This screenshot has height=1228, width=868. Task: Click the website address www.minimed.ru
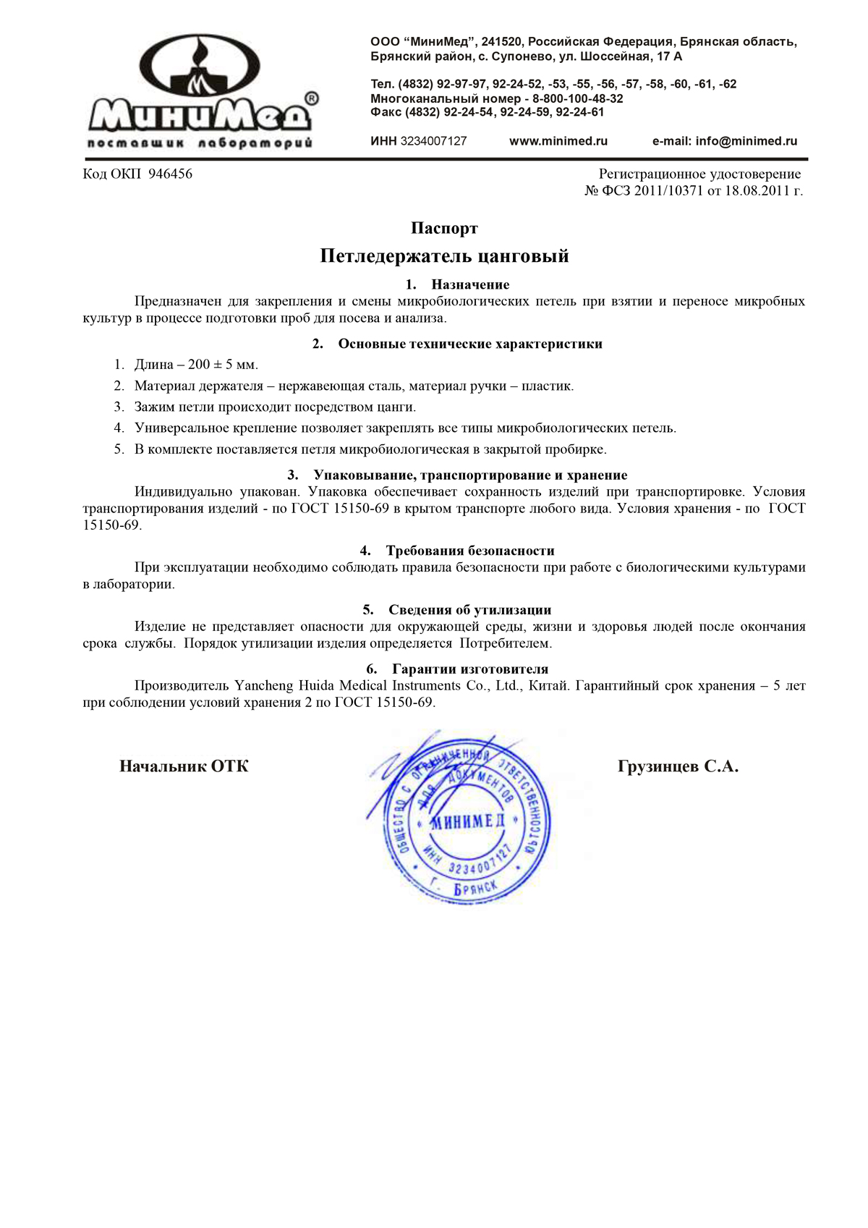coord(558,141)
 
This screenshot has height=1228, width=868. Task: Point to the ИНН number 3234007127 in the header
coord(433,141)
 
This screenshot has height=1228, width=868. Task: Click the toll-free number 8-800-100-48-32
coord(578,98)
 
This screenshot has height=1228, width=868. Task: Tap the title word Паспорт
coord(444,229)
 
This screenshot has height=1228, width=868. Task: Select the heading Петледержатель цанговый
coord(444,256)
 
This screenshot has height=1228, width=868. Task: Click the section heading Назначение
coord(470,284)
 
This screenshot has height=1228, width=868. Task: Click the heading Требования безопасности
coord(470,551)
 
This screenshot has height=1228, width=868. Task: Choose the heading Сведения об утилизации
coord(470,610)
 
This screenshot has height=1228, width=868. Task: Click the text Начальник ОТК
coord(184,766)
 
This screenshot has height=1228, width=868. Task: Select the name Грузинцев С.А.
coord(678,766)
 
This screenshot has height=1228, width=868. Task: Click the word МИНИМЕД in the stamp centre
coord(468,822)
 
